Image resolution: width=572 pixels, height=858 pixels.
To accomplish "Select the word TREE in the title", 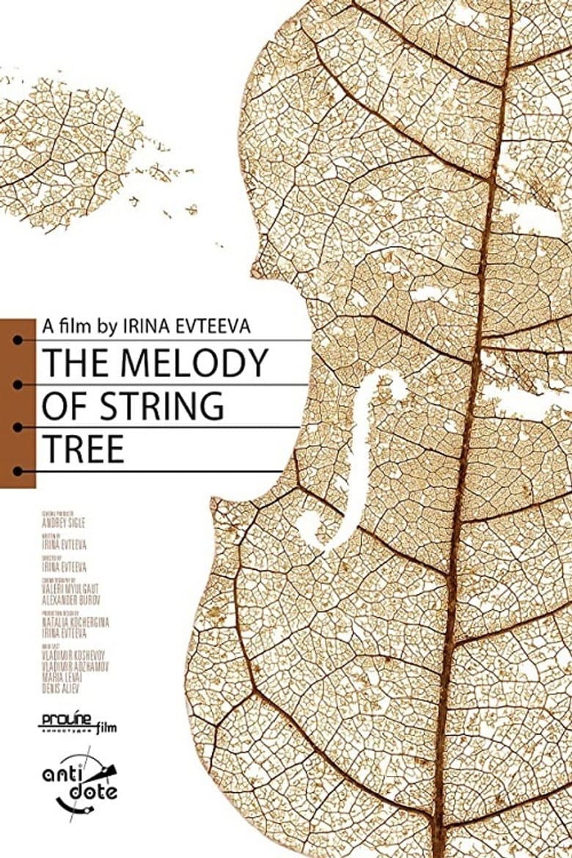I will click(x=83, y=449).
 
